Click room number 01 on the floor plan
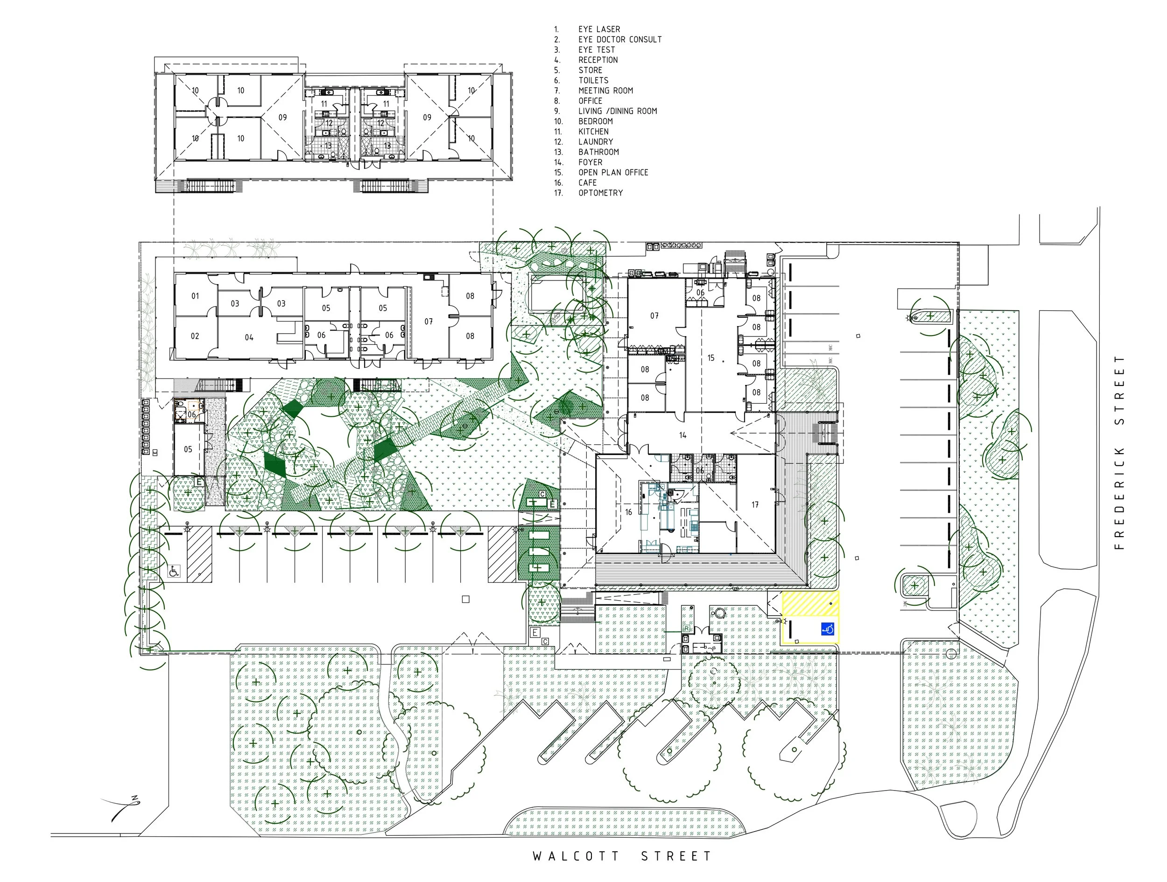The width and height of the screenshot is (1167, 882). pyautogui.click(x=195, y=296)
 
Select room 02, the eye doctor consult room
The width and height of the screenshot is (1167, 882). pyautogui.click(x=195, y=336)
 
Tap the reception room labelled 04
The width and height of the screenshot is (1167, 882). pyautogui.click(x=249, y=337)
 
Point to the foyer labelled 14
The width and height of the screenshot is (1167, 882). pyautogui.click(x=682, y=435)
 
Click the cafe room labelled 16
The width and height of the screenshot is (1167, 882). pyautogui.click(x=628, y=511)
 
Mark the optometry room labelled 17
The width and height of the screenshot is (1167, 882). pyautogui.click(x=755, y=505)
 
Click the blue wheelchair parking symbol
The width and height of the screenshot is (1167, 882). pyautogui.click(x=827, y=630)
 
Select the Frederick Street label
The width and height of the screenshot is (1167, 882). pyautogui.click(x=1119, y=453)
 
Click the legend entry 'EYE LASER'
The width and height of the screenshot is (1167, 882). pyautogui.click(x=599, y=29)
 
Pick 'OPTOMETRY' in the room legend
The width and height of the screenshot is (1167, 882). pyautogui.click(x=600, y=193)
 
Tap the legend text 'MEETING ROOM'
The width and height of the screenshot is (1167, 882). pyautogui.click(x=605, y=91)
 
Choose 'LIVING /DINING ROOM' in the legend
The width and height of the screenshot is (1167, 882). pyautogui.click(x=617, y=112)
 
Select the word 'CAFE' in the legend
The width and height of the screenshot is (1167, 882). pyautogui.click(x=587, y=183)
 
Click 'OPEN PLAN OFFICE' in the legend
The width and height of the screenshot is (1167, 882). pyautogui.click(x=613, y=173)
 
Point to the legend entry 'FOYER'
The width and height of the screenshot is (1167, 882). pyautogui.click(x=590, y=162)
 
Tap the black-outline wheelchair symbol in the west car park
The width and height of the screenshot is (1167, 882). pyautogui.click(x=174, y=571)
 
